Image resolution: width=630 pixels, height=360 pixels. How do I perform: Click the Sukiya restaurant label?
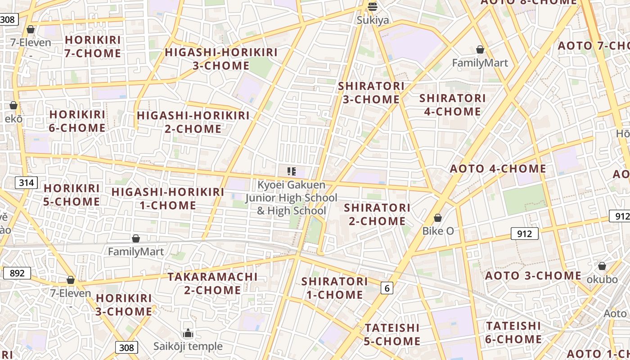pos(373,20)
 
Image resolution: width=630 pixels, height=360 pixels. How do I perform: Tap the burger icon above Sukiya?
pos(373,7)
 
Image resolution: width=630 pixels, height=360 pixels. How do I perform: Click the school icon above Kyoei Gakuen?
pos(291,171)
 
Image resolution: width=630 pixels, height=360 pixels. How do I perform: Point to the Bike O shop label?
pos(438,231)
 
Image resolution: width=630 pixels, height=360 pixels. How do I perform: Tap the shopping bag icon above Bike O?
pos(438,218)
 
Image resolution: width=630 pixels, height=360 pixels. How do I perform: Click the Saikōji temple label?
pos(188,346)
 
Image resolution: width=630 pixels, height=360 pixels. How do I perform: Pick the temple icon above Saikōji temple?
pos(188,333)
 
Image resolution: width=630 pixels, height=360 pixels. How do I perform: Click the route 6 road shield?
pos(387,288)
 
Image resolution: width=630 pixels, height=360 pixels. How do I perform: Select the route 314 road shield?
pos(27,183)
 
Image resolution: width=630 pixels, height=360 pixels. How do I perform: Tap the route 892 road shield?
pos(17,273)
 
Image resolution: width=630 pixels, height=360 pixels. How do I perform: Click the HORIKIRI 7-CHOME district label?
pos(93,46)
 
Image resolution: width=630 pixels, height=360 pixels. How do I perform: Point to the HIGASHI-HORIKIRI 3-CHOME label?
pos(221,59)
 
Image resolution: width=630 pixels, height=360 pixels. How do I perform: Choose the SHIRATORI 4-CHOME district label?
pos(452,105)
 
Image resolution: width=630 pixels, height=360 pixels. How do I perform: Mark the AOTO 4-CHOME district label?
pos(498,169)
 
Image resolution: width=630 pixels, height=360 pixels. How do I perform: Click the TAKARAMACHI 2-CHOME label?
pos(212,283)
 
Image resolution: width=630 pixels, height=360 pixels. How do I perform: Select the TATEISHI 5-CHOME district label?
pos(392,334)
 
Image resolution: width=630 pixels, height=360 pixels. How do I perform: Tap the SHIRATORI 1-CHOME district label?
pos(334,288)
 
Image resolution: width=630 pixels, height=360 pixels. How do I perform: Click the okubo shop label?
pos(602,279)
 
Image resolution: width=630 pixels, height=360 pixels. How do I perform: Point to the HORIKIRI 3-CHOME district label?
pos(124,305)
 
